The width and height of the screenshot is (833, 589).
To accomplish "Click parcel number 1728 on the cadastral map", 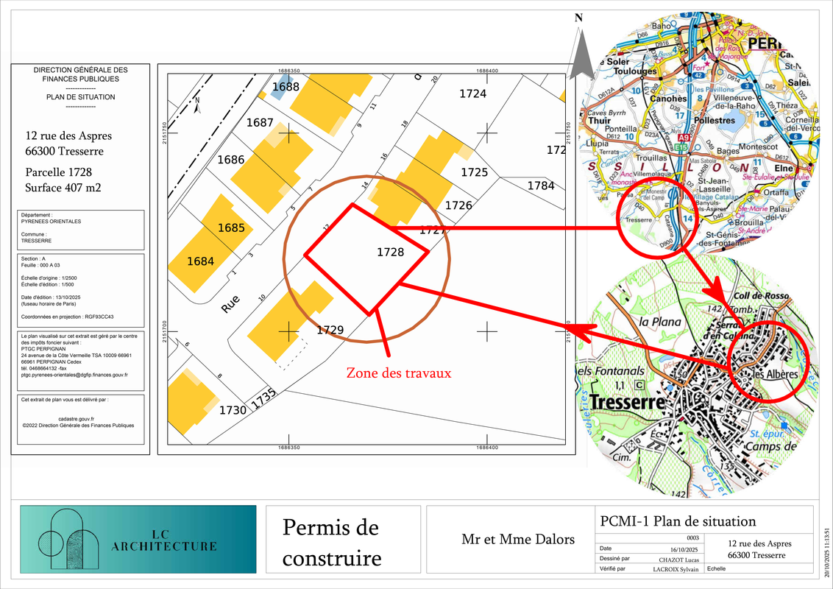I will tap(390, 252).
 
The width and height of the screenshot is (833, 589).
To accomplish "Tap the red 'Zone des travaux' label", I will tap(399, 373).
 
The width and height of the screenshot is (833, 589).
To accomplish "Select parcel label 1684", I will tap(200, 261).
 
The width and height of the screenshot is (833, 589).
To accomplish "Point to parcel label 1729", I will tap(330, 330).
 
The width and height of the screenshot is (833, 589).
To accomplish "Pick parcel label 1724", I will tap(473, 94).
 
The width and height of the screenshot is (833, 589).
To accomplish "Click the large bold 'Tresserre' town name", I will tap(627, 403).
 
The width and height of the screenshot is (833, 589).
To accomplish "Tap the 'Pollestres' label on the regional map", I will tap(715, 120).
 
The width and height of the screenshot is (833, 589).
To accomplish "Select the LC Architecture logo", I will tap(138, 539).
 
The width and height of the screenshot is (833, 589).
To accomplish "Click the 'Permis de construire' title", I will tap(332, 543).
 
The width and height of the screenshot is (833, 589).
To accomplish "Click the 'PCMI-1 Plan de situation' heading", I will tap(678, 521).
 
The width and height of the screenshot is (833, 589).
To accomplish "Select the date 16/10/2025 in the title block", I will tap(684, 549).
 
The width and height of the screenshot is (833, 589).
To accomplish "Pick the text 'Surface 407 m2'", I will tap(63, 188).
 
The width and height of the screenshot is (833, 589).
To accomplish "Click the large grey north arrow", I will tap(583, 52).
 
